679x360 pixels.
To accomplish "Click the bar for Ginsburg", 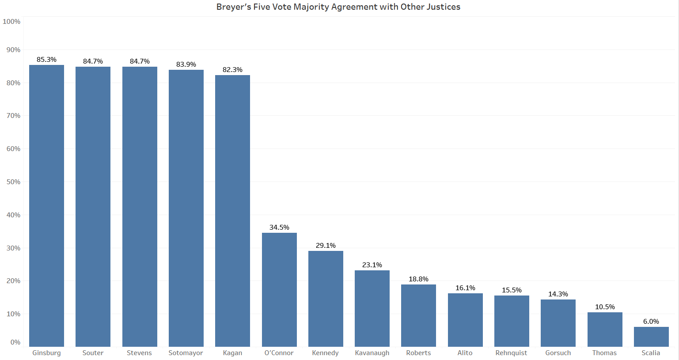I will click(47, 205).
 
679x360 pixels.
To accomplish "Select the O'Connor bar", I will click(279, 289).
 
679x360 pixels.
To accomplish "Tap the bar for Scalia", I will click(651, 337).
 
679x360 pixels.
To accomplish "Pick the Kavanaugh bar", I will click(372, 308).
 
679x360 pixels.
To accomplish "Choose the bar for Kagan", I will click(232, 211).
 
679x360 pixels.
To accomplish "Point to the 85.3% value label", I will click(47, 60).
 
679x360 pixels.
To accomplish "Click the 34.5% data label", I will click(279, 227).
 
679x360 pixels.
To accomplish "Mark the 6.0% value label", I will click(651, 322).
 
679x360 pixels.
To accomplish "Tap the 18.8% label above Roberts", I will click(418, 279).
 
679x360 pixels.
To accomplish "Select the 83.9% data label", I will click(186, 64).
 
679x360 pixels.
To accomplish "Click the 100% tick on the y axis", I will click(11, 22).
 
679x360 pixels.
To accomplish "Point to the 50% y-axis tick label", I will click(13, 182).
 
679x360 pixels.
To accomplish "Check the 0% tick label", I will click(15, 342).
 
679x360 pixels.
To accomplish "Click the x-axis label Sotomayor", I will click(186, 353).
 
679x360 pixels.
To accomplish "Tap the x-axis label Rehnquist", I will click(511, 353).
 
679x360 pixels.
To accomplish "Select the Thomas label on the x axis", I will click(604, 353).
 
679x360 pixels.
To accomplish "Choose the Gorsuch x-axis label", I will click(558, 353).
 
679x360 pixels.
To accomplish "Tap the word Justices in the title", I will click(443, 7).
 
